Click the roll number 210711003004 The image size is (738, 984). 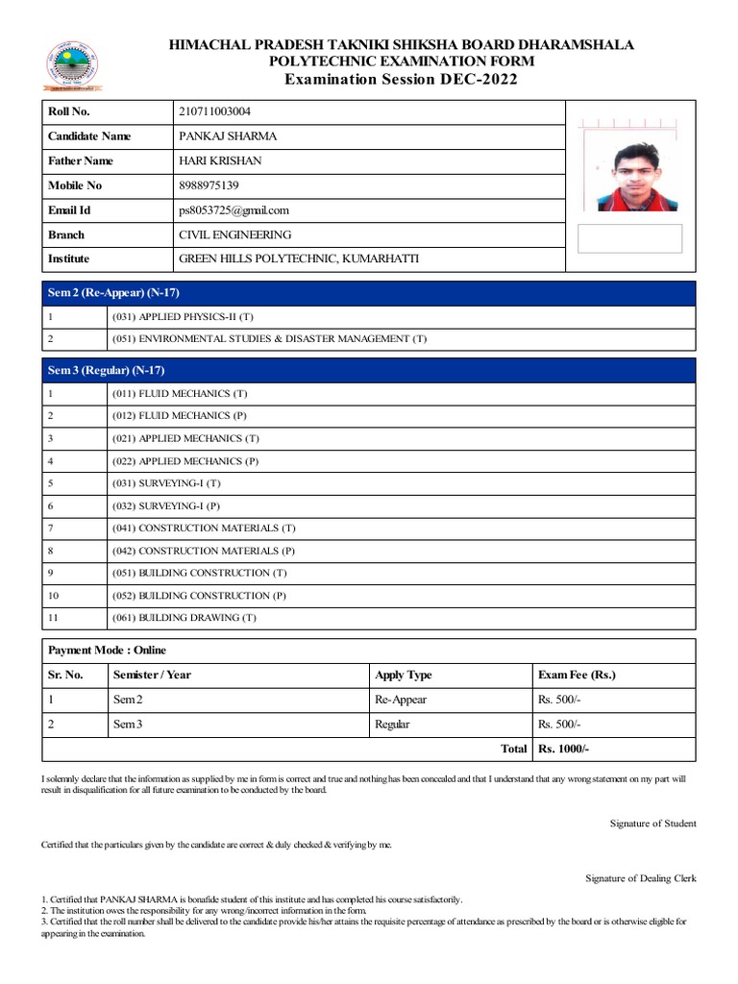pyautogui.click(x=215, y=112)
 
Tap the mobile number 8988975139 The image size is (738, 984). pyautogui.click(x=209, y=185)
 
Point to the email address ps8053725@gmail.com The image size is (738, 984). pyautogui.click(x=234, y=210)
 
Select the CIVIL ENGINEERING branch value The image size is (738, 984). pyautogui.click(x=234, y=234)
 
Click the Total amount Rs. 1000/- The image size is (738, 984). pyautogui.click(x=563, y=749)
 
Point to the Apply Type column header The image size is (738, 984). pyautogui.click(x=403, y=675)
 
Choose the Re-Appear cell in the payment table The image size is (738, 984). pyautogui.click(x=401, y=700)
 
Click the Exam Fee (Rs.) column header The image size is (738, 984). pyautogui.click(x=577, y=675)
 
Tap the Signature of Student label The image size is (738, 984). pyautogui.click(x=652, y=824)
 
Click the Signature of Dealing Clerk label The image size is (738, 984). pyautogui.click(x=641, y=878)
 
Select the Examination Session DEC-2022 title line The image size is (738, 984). pyautogui.click(x=401, y=79)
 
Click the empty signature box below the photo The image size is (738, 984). pyautogui.click(x=630, y=238)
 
